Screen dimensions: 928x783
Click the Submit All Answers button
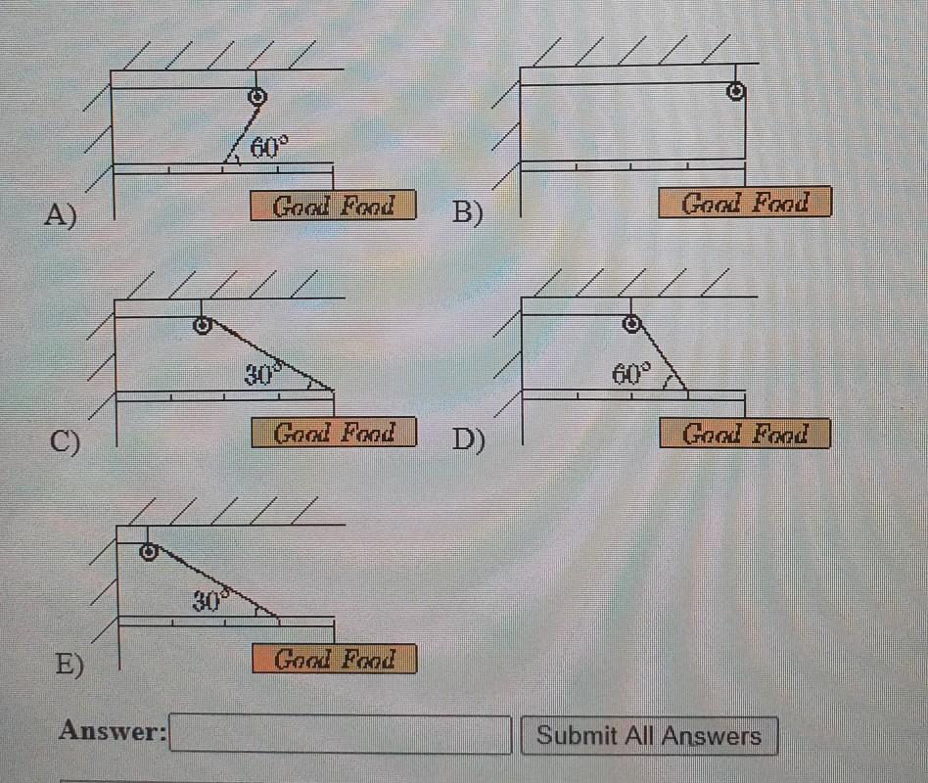649,736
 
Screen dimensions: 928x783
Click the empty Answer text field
341,734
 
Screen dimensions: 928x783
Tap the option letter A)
60,213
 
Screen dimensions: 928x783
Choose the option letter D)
469,441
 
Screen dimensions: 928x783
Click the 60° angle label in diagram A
269,148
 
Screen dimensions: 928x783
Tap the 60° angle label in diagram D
631,373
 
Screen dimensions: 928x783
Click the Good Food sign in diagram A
333,206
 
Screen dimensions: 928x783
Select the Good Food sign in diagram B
745,203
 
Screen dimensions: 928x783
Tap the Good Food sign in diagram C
334,432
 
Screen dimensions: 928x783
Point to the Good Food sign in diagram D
745,433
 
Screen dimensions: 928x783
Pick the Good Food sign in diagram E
334,659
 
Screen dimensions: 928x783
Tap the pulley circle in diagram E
148,552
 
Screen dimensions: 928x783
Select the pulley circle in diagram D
632,323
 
